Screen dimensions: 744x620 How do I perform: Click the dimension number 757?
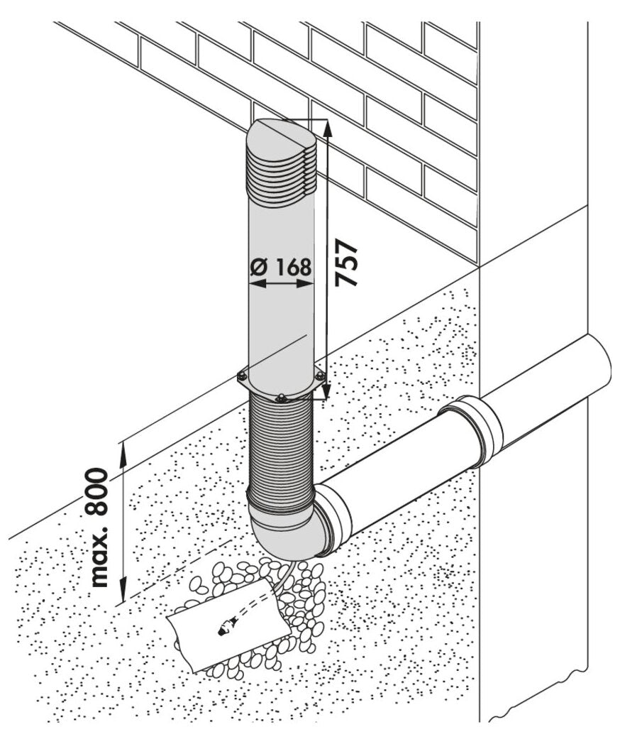[x=347, y=262]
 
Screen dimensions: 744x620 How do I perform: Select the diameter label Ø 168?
[x=281, y=267]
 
